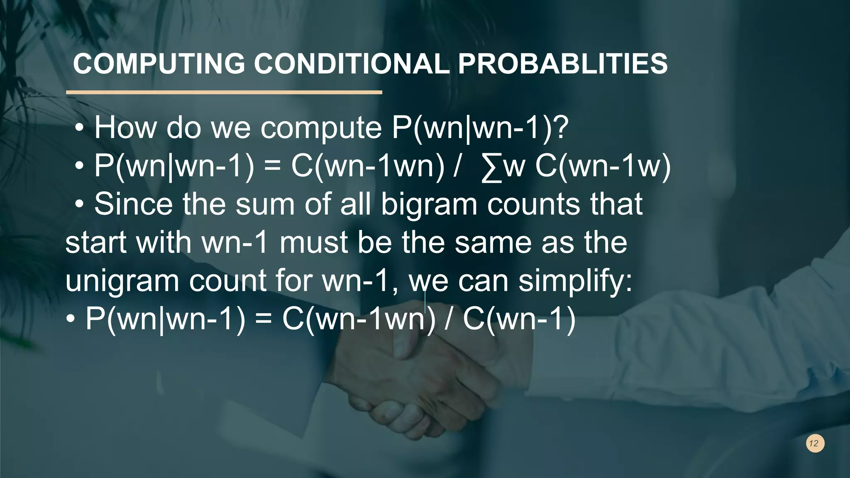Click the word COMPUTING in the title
159,64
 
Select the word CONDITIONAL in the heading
351,64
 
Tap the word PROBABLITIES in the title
562,64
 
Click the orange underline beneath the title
224,92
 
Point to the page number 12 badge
815,443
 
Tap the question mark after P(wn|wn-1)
561,128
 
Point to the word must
313,243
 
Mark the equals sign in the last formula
263,319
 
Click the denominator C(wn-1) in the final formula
519,319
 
